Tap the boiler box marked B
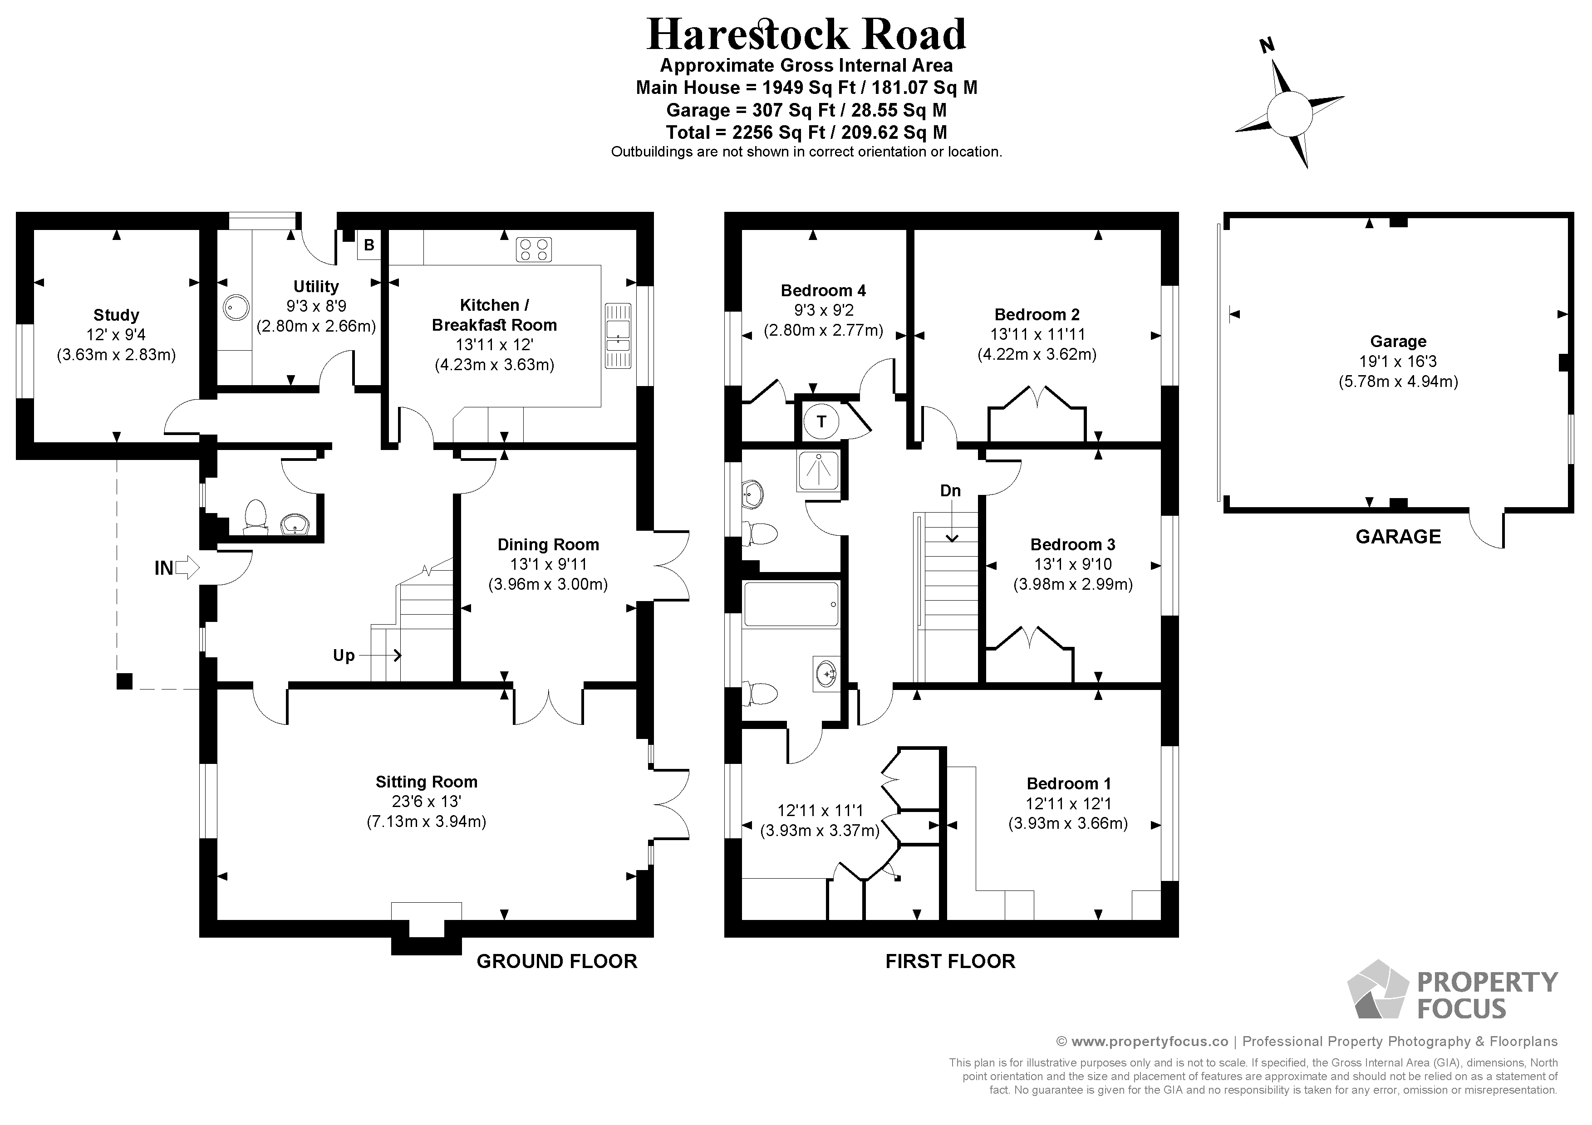click(369, 245)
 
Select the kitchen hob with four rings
click(534, 249)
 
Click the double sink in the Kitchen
click(617, 336)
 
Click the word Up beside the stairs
click(344, 656)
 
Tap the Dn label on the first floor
click(950, 491)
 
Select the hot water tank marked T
click(822, 421)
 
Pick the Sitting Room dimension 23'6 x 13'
click(427, 802)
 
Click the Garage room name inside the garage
click(1398, 341)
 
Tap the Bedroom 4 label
click(823, 290)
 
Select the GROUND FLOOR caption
click(557, 961)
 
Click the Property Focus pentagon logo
click(1377, 991)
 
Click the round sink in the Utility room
click(236, 307)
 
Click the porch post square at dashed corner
click(124, 681)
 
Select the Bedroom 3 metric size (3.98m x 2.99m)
click(1073, 584)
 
